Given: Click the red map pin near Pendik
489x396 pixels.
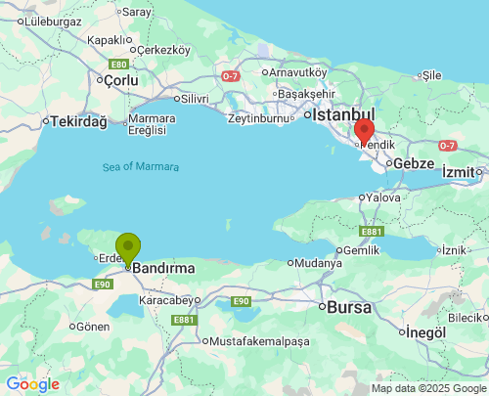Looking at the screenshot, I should [364, 131].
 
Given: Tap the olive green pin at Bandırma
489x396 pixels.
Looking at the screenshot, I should [127, 248].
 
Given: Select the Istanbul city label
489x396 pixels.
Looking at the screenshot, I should [339, 114].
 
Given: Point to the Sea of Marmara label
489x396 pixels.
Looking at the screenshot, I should [141, 167].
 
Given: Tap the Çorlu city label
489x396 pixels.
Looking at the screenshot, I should [122, 80].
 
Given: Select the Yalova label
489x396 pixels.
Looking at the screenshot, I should [383, 197].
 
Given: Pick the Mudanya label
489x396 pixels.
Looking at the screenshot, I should [319, 263].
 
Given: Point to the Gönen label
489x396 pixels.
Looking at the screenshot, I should [94, 326].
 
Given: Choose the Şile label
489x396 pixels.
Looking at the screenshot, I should [431, 75].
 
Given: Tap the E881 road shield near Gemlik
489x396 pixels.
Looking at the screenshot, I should [371, 231].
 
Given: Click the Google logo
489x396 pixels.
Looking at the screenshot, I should [33, 384].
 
